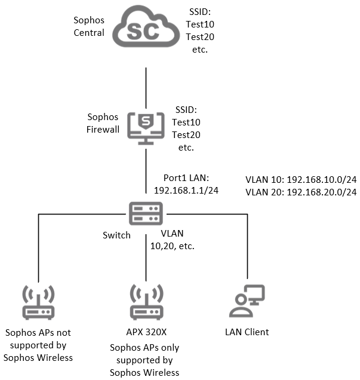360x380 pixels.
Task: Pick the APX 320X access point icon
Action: coord(146,302)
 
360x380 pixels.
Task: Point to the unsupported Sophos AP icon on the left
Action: coord(38,302)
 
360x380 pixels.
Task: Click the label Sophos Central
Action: coord(88,27)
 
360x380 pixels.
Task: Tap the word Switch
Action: coord(116,235)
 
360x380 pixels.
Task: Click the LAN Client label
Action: coord(247,332)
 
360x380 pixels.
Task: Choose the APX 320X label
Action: coord(146,332)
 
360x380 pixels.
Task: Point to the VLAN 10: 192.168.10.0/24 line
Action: coord(301,179)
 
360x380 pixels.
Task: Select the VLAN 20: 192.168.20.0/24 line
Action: coord(301,192)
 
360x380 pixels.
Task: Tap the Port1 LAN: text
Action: coord(187,178)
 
